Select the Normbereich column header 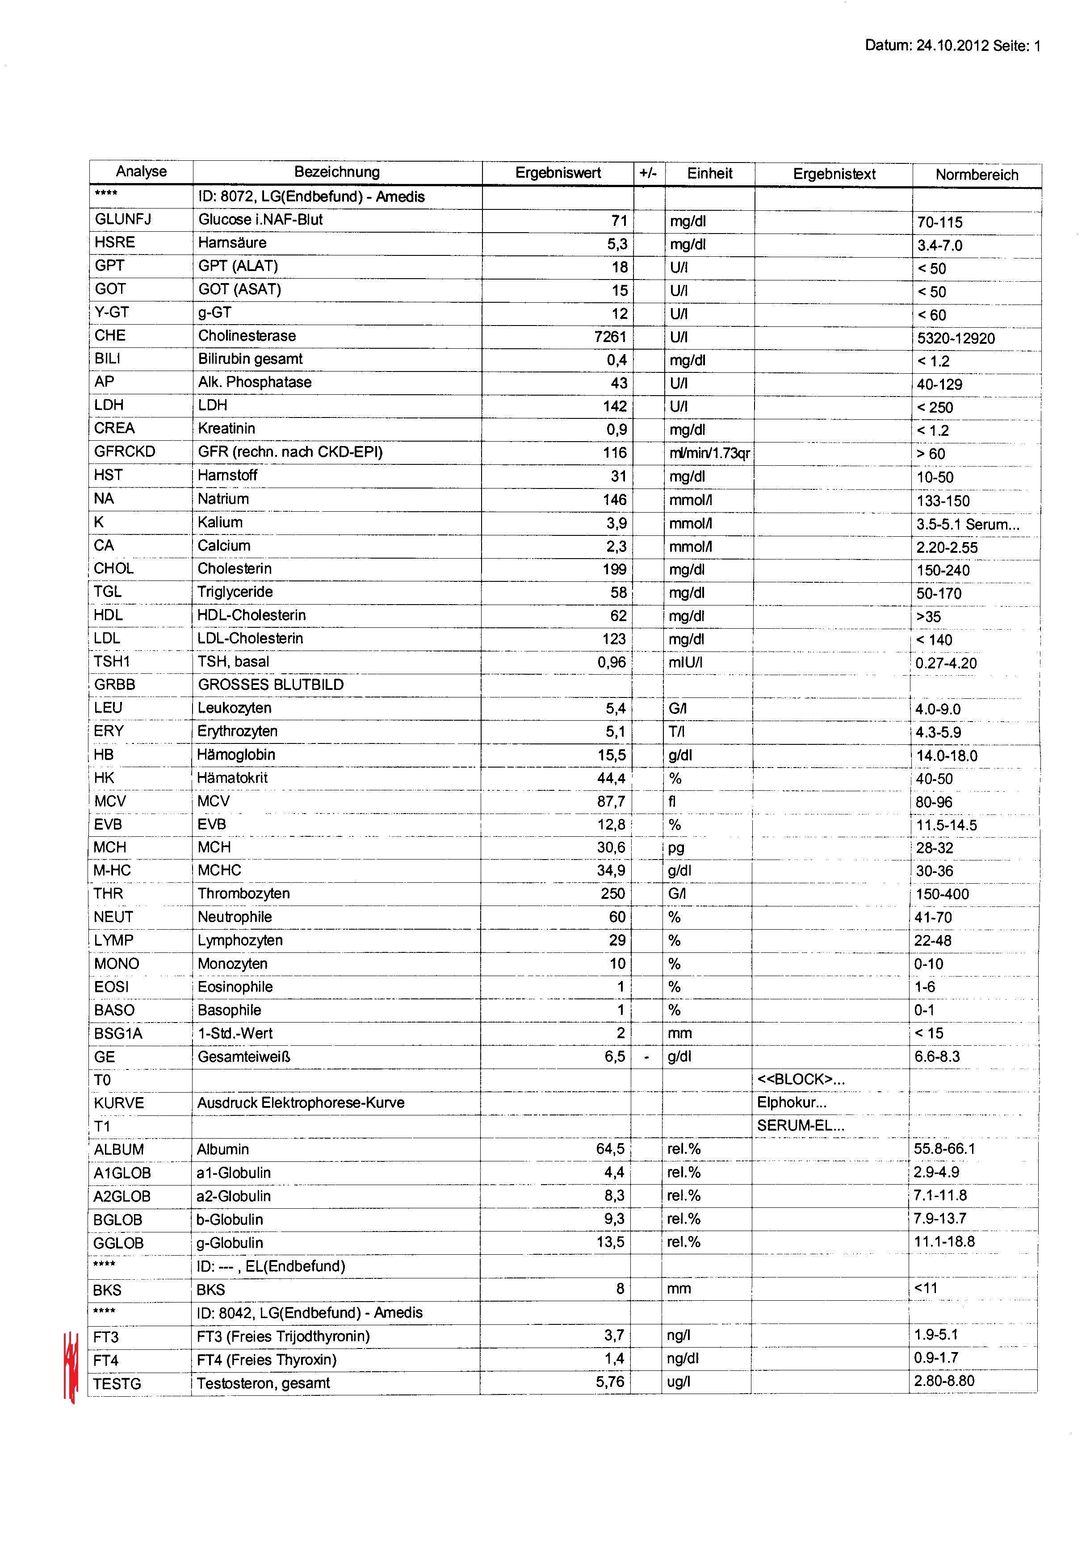coord(977,175)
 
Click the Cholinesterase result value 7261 coord(610,336)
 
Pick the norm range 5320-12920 coord(956,338)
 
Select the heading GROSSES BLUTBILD coord(271,685)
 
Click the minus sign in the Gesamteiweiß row coord(647,1056)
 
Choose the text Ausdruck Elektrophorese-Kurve coord(301,1102)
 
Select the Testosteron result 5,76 coord(610,1381)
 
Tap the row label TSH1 coord(112,661)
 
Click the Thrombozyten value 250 coord(612,893)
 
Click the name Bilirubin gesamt coord(250,359)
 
